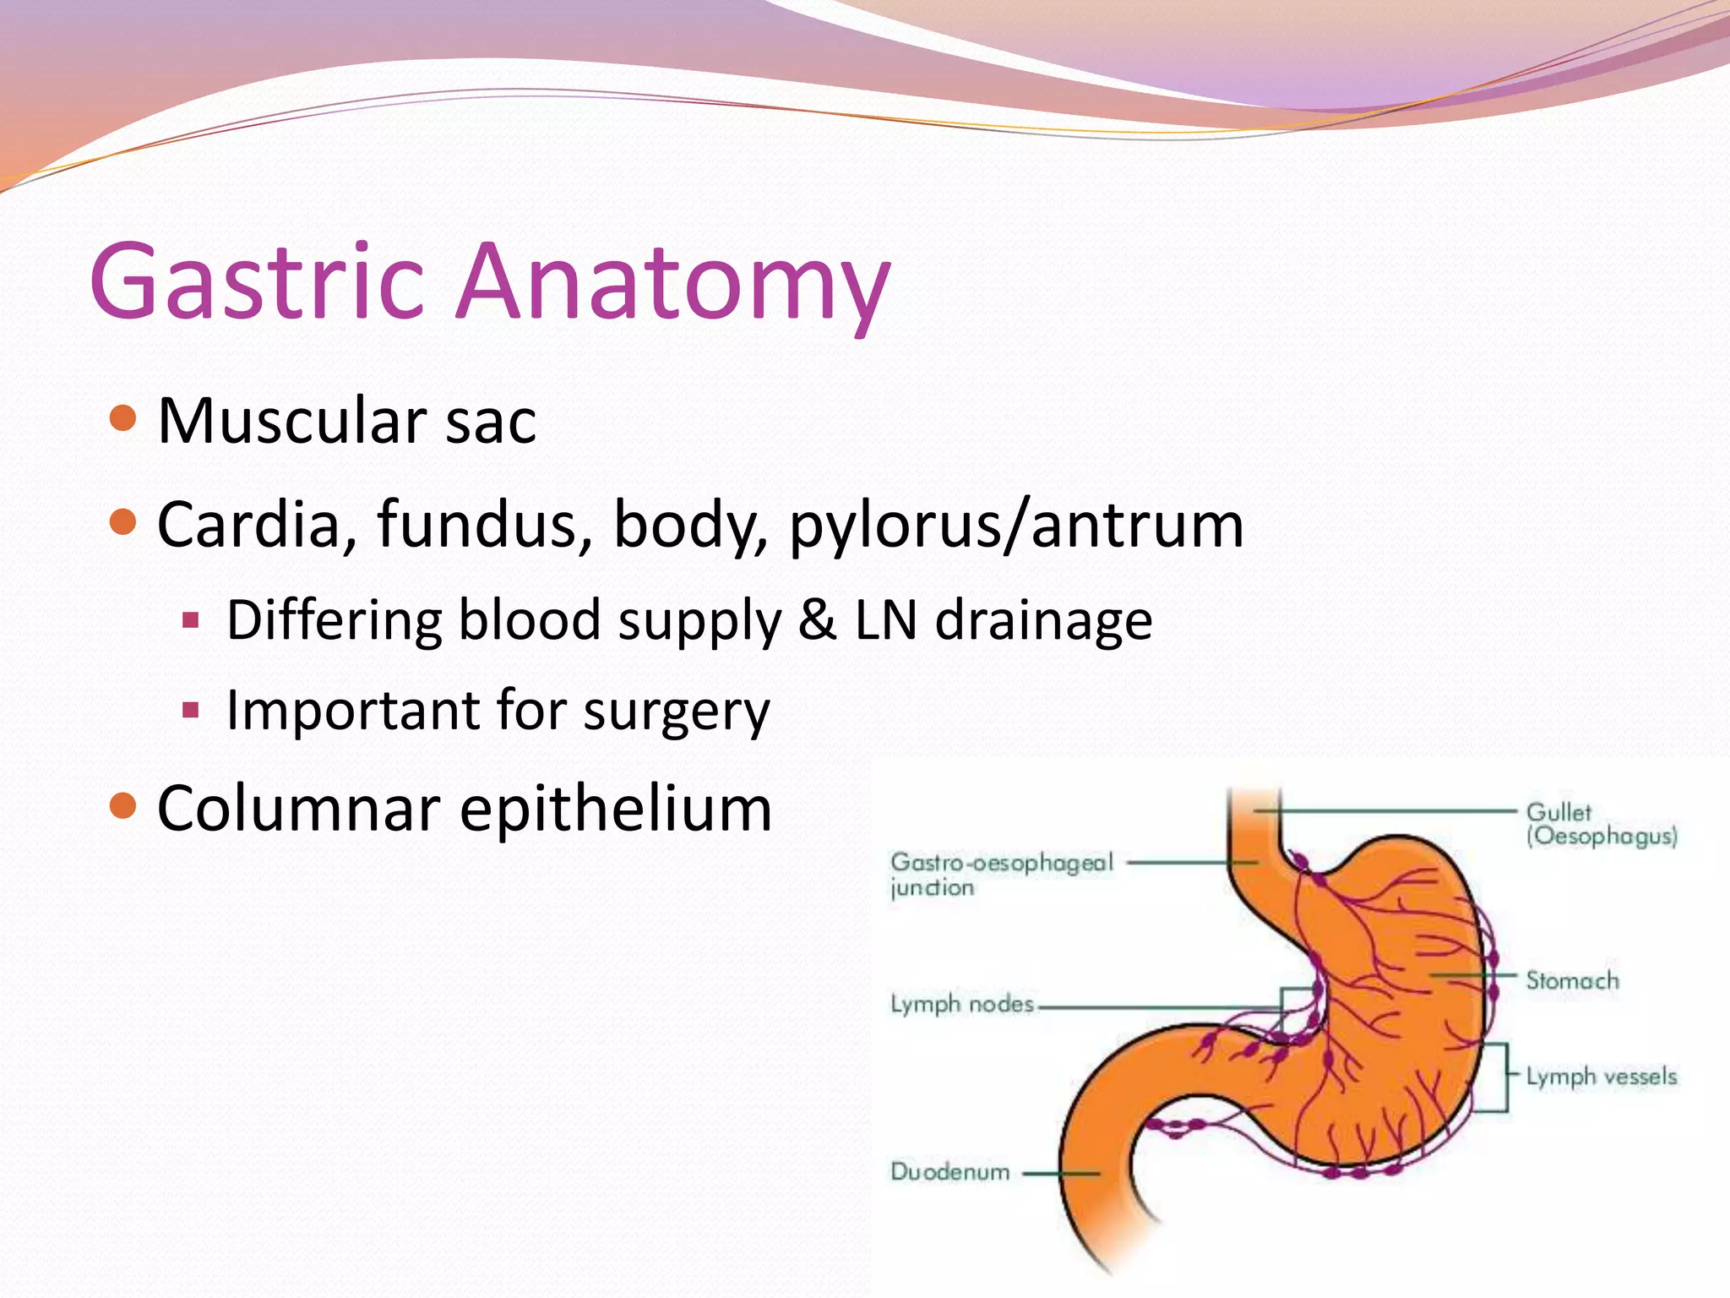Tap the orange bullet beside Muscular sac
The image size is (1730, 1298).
point(123,418)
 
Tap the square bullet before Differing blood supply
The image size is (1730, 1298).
point(190,621)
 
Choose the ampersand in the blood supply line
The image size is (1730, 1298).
point(817,620)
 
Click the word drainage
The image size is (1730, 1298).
point(1044,620)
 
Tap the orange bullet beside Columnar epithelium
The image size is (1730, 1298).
point(123,806)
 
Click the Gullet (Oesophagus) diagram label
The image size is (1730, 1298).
point(1600,824)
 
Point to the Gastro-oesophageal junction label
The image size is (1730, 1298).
point(1001,874)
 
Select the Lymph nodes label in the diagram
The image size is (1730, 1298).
point(961,1004)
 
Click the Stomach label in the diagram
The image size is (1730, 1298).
point(1572,980)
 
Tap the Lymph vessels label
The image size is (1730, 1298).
point(1601,1076)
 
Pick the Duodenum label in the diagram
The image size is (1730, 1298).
point(949,1171)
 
